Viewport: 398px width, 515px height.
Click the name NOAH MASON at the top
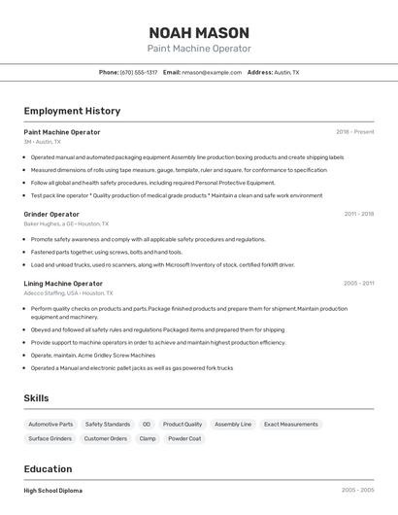(199, 32)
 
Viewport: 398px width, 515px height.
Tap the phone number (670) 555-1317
(139, 72)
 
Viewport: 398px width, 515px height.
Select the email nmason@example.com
(211, 72)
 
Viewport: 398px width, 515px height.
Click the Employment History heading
(72, 112)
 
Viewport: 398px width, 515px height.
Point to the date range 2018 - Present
(354, 132)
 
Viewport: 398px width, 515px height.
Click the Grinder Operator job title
(51, 214)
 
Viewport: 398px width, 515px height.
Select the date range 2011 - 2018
(358, 214)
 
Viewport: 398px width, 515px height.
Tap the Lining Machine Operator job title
(63, 284)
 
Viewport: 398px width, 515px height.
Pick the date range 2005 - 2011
(358, 284)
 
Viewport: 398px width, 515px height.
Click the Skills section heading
(37, 398)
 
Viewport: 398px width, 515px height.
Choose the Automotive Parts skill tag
(50, 425)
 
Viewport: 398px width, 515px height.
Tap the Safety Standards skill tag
(108, 425)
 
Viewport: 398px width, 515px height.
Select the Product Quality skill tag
(182, 425)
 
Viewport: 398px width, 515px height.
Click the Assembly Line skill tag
(233, 425)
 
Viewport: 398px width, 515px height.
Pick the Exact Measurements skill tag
(291, 425)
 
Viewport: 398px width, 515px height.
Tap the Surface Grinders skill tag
(50, 439)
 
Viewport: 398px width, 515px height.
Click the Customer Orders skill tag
(106, 439)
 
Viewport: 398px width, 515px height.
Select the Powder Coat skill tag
(184, 439)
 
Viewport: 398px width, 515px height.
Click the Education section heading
(48, 469)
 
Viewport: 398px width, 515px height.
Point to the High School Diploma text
(53, 491)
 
